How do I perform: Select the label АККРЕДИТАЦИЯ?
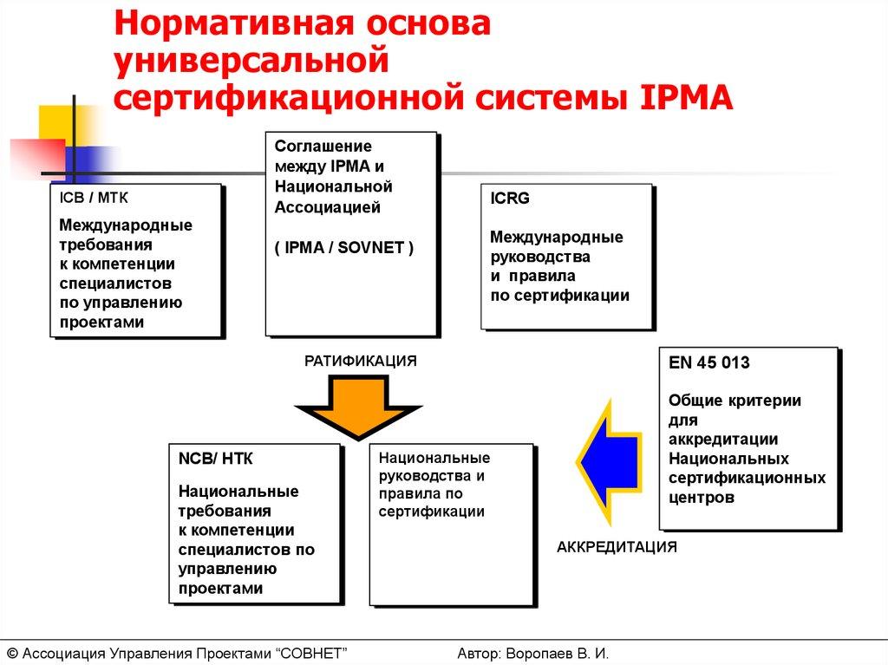point(617,547)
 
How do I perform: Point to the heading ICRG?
point(510,199)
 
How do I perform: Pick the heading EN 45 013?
point(708,363)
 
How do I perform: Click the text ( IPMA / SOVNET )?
point(344,247)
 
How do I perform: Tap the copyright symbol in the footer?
point(12,653)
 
